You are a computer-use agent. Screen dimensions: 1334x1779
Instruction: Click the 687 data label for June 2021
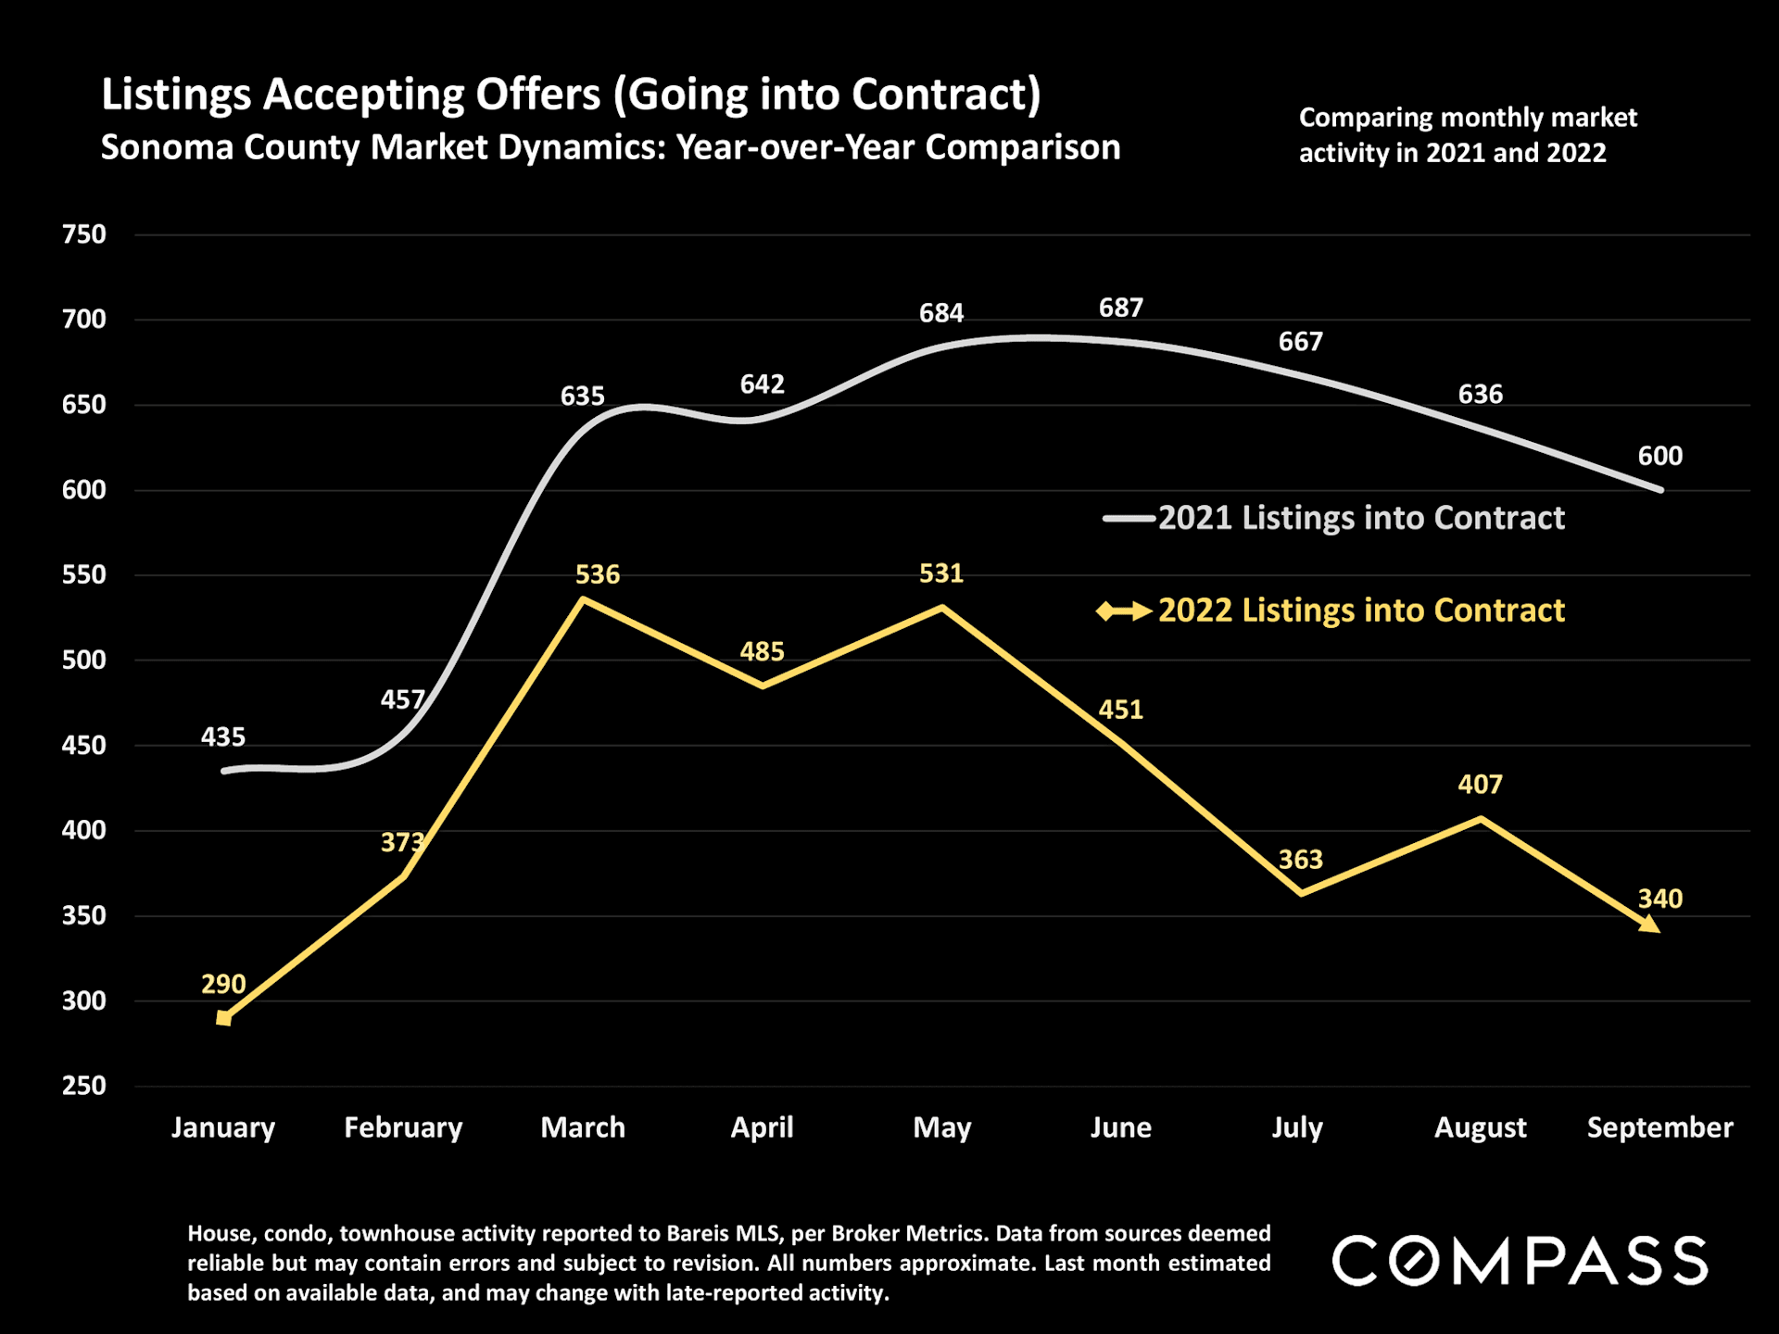[1120, 308]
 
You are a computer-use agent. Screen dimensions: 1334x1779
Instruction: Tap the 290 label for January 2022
[223, 984]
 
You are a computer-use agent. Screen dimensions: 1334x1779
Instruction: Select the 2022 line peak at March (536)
[583, 599]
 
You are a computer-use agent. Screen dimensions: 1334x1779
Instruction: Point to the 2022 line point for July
[1301, 893]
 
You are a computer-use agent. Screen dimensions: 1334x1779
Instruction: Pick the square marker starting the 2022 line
[223, 1018]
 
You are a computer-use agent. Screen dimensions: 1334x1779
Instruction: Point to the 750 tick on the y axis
[84, 234]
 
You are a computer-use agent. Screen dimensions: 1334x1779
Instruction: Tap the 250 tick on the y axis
[84, 1086]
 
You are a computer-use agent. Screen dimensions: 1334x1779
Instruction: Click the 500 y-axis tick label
[84, 661]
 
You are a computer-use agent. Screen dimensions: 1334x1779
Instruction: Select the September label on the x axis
[1659, 1127]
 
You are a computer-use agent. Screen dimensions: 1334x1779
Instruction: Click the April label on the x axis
[762, 1127]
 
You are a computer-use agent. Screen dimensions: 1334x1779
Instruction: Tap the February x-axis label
[403, 1127]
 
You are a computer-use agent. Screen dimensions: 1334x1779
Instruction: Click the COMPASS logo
[1520, 1261]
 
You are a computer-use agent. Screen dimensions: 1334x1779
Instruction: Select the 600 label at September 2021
[1659, 456]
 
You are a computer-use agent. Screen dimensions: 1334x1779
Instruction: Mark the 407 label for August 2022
[1480, 785]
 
